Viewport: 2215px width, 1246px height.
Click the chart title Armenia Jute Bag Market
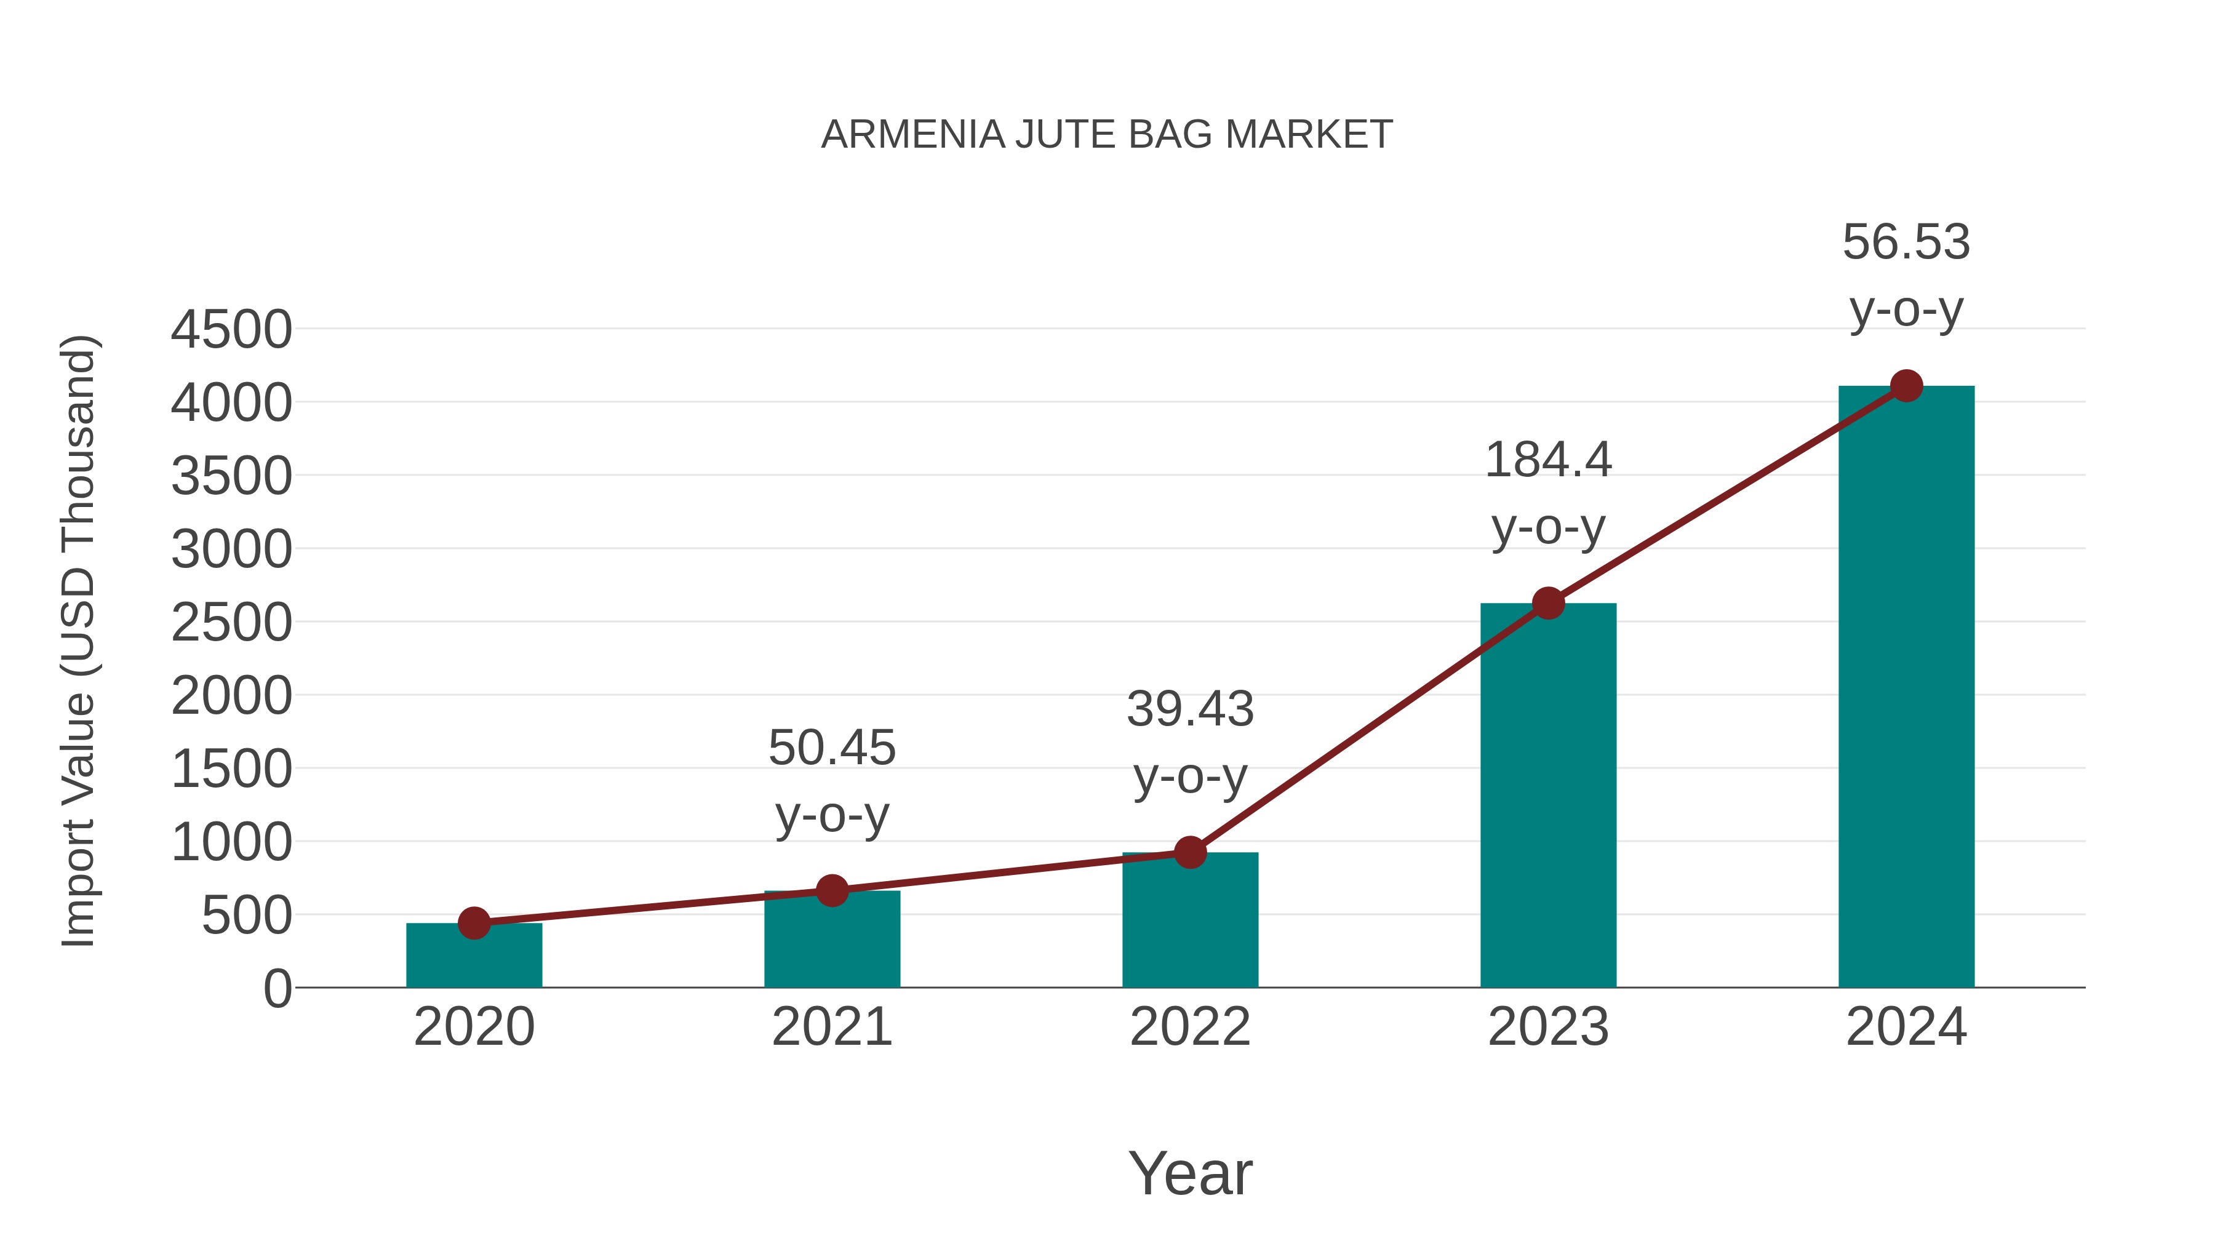[1107, 135]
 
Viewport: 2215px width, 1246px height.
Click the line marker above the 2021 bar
[831, 891]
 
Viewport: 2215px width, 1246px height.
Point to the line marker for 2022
[1190, 853]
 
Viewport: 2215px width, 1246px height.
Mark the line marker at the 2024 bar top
[1906, 386]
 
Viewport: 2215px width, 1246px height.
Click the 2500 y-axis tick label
[231, 623]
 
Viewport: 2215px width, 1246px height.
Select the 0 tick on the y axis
[277, 989]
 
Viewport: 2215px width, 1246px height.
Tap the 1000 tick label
[231, 843]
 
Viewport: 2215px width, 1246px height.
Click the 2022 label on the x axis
[1190, 1027]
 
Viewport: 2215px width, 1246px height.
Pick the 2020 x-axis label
[474, 1027]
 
